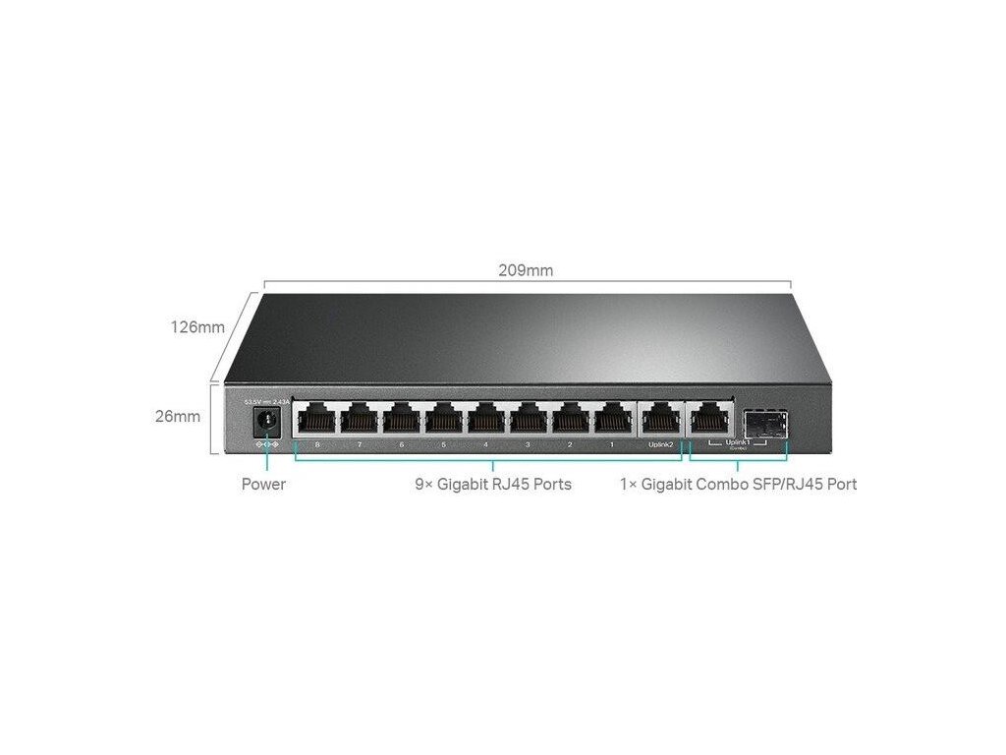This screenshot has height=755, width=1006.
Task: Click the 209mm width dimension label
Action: click(526, 270)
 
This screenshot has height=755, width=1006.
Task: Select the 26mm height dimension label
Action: click(177, 416)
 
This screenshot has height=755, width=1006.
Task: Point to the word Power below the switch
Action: click(263, 484)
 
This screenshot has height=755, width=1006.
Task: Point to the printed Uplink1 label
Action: click(737, 443)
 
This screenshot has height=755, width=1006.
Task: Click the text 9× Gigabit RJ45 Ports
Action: click(492, 484)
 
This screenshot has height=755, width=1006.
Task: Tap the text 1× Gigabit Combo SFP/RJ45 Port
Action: click(738, 484)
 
